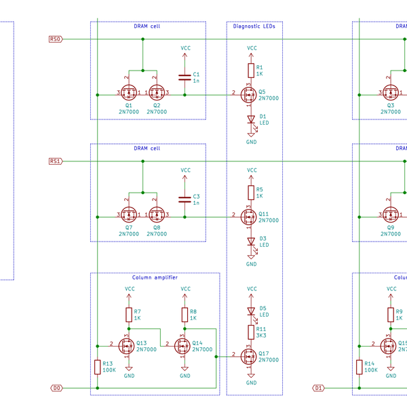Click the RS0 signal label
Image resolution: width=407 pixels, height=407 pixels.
tap(56, 39)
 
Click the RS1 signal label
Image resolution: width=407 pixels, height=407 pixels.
tap(56, 161)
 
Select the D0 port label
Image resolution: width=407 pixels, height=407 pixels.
tap(57, 388)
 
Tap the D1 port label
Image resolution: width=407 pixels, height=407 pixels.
tap(318, 388)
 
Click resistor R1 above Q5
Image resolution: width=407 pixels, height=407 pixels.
tap(251, 70)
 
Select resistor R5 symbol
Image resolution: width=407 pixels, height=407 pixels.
tap(251, 192)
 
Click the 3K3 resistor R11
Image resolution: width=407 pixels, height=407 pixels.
tap(251, 332)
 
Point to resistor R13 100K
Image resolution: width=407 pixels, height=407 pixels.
tap(98, 367)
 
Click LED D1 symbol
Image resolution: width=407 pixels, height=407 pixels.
tap(251, 119)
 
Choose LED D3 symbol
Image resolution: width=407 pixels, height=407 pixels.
tap(251, 242)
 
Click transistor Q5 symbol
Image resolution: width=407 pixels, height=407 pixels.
tap(249, 95)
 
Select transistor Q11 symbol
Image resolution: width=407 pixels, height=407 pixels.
tap(249, 217)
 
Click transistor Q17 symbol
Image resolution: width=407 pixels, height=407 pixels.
tap(249, 356)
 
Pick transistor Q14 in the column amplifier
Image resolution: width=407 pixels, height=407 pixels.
tap(182, 346)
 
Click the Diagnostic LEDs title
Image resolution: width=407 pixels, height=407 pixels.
tap(254, 26)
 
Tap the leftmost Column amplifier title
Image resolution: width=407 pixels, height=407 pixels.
tap(155, 277)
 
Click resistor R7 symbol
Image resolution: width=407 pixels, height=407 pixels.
tap(128, 314)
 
